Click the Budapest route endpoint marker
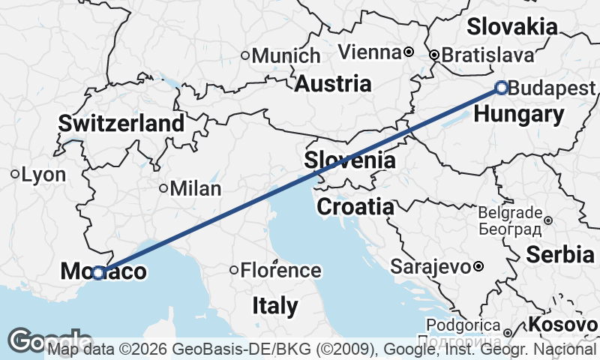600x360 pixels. click(502, 88)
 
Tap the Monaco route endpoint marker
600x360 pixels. click(97, 273)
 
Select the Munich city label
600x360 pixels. click(286, 55)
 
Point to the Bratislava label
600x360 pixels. click(487, 55)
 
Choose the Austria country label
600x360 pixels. click(332, 83)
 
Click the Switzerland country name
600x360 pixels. click(121, 123)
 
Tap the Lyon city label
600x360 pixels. click(43, 175)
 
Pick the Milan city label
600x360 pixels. click(195, 188)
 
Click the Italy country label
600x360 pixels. click(274, 305)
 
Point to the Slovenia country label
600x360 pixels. click(349, 160)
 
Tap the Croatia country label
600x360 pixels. click(355, 206)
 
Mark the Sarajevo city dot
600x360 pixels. click(478, 266)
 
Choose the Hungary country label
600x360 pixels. click(520, 115)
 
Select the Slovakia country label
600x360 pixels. click(512, 27)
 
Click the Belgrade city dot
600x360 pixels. click(548, 220)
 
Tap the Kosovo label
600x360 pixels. click(562, 325)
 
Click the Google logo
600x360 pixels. click(46, 341)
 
